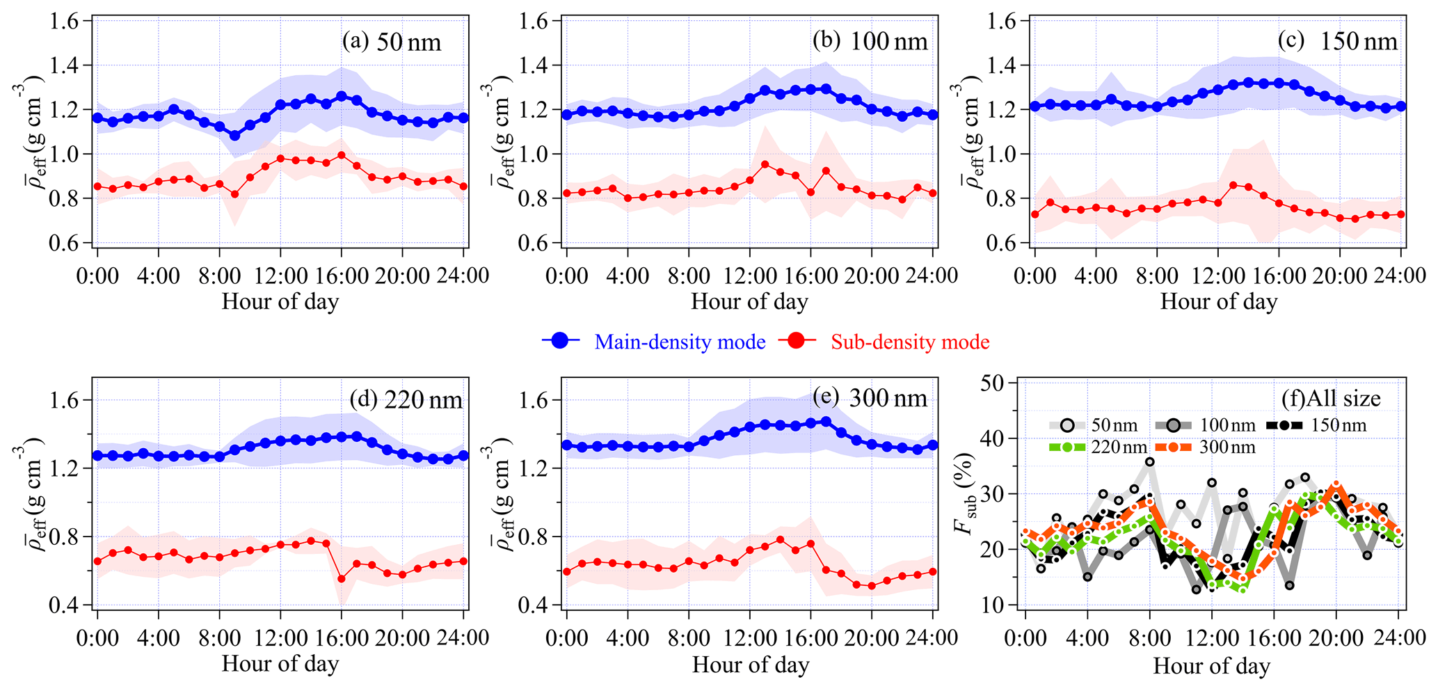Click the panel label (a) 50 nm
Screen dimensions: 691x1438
(x=391, y=42)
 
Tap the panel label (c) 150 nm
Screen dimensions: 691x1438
(x=1337, y=42)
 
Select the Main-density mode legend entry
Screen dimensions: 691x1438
(x=655, y=342)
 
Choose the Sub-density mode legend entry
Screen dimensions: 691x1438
(x=884, y=342)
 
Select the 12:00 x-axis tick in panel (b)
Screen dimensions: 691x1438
(x=750, y=275)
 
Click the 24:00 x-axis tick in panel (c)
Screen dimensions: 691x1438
(x=1401, y=275)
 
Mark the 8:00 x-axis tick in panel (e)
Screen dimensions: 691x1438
(x=689, y=637)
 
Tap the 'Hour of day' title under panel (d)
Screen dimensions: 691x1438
(x=280, y=664)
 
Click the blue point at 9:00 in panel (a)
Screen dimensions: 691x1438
(x=234, y=136)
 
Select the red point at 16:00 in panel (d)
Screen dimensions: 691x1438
(x=342, y=579)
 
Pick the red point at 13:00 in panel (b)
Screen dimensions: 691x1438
(x=765, y=164)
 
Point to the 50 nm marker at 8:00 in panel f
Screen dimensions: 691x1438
(x=1150, y=461)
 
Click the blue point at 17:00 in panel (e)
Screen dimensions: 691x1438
(x=826, y=421)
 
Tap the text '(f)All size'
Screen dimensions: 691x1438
(x=1331, y=399)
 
